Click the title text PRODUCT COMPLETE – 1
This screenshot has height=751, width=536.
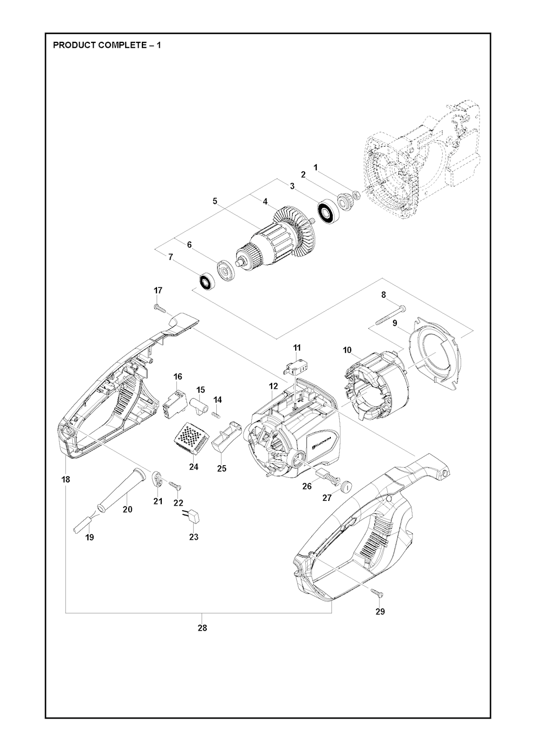107,45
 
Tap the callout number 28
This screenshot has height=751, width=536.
203,628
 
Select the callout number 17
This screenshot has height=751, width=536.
158,290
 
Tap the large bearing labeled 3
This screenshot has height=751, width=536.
326,212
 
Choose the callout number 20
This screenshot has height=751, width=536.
127,509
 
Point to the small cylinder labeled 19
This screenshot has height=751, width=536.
83,522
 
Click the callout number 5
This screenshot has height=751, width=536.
215,201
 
